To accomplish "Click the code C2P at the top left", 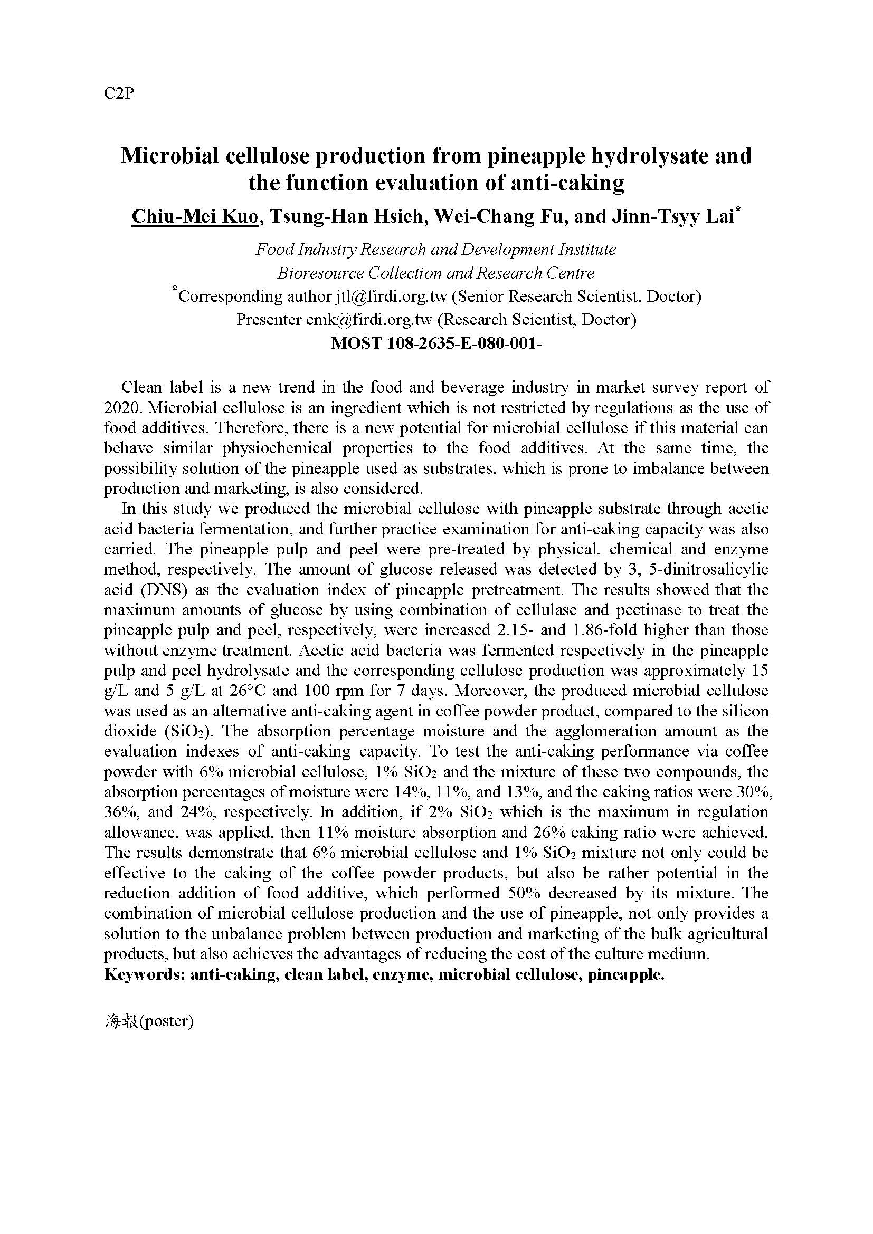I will tap(118, 93).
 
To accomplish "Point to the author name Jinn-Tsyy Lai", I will tap(672, 216).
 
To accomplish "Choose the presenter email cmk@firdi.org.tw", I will tap(369, 320).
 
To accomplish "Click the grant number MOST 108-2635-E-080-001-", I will tap(436, 343).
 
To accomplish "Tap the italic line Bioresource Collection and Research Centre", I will tap(436, 274).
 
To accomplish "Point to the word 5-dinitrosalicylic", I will tap(706, 569).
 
